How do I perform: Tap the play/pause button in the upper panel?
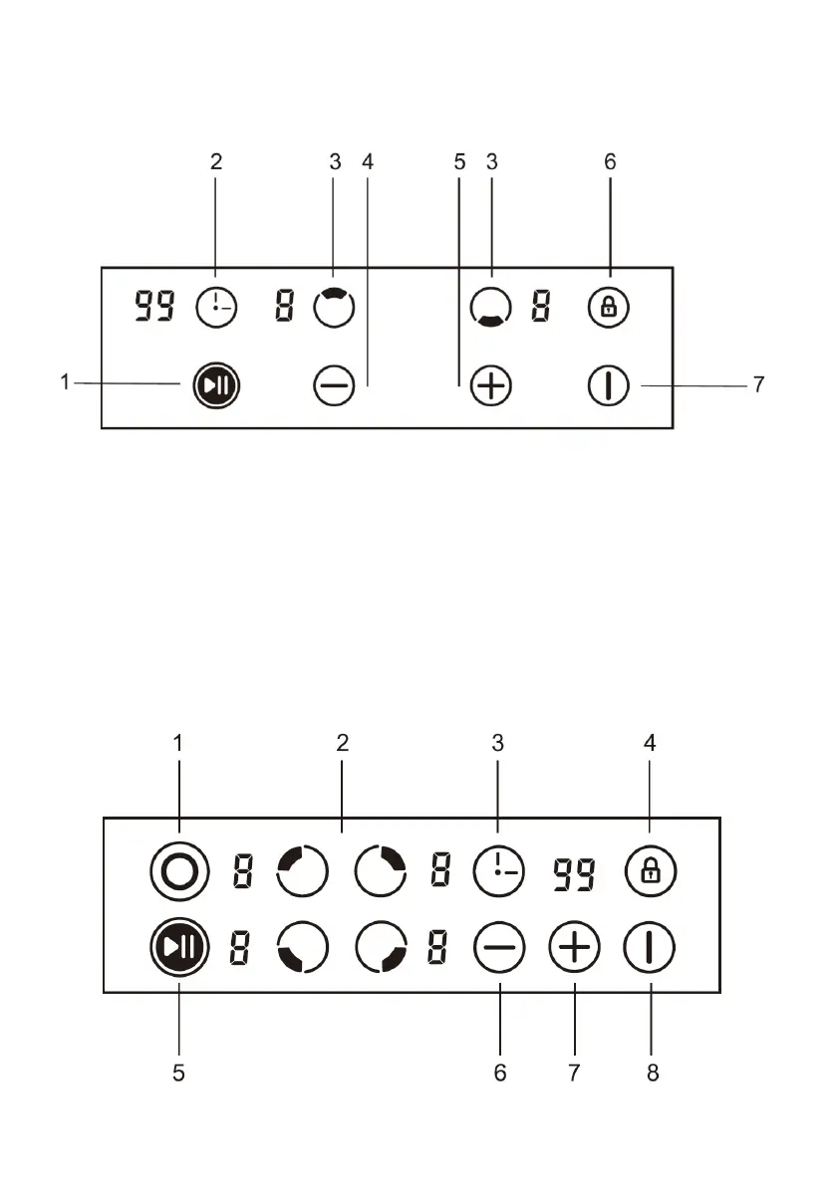click(x=216, y=385)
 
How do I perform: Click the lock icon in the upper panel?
click(x=608, y=308)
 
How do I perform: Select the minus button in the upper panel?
click(x=333, y=385)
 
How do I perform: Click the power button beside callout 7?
click(x=608, y=385)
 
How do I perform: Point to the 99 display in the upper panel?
click(x=154, y=308)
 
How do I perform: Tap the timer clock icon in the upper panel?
click(x=216, y=308)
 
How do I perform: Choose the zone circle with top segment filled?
click(x=333, y=308)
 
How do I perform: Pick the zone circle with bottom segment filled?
click(x=490, y=308)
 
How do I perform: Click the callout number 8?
click(x=653, y=1073)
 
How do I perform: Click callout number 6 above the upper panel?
click(x=610, y=162)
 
